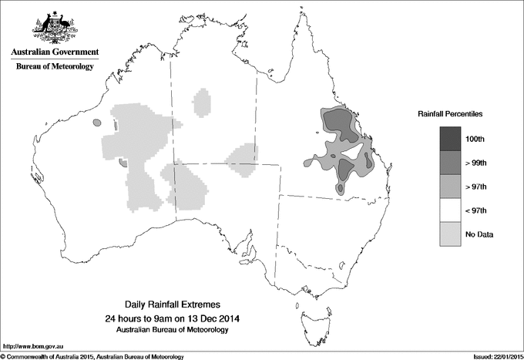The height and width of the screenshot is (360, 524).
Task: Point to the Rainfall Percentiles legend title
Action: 450,113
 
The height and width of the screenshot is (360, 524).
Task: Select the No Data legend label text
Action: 479,234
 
